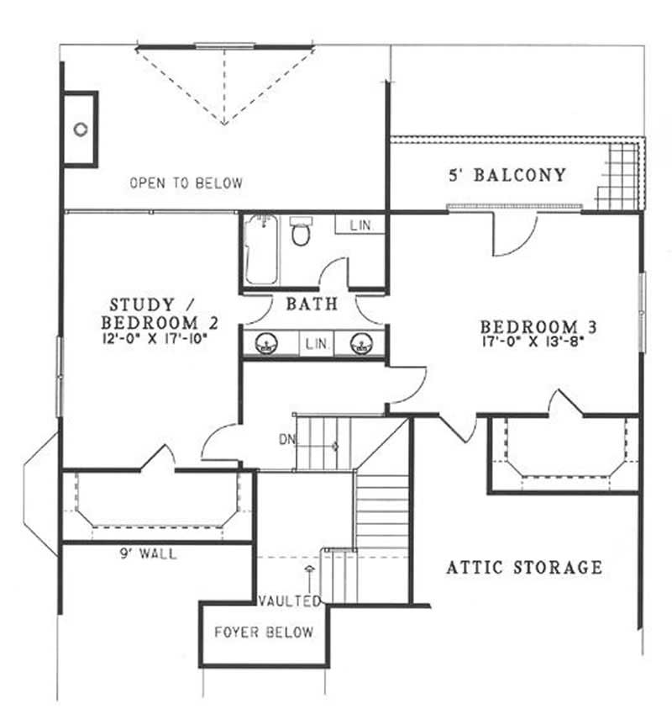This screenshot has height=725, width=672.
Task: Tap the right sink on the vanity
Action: click(x=362, y=343)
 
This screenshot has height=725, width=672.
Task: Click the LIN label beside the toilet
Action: click(x=360, y=225)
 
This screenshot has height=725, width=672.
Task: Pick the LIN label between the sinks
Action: click(x=316, y=344)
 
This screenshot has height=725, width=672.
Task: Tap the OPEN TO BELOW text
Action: click(x=186, y=183)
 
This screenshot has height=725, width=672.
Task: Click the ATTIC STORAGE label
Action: click(x=523, y=568)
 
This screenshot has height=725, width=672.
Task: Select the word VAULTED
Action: click(x=289, y=601)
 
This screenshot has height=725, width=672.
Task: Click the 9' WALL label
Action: click(x=150, y=554)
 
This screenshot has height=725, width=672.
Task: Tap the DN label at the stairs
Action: click(x=286, y=439)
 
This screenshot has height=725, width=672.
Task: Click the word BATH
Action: click(x=312, y=304)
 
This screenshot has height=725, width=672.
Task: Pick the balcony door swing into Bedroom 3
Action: click(x=512, y=234)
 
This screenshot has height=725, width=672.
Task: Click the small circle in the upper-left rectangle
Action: click(x=81, y=129)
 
